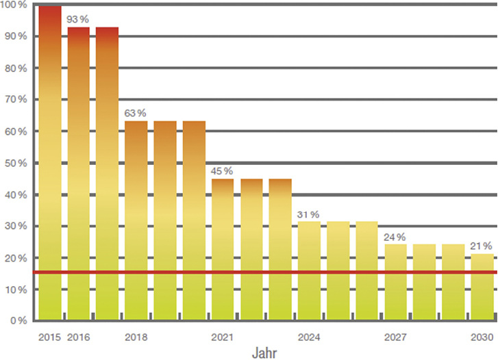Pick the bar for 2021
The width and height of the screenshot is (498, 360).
223,249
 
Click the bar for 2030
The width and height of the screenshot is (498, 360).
482,287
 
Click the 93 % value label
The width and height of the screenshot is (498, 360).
78,19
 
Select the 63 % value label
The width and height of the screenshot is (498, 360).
136,113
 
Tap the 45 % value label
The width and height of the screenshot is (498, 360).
223,170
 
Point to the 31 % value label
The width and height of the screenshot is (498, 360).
309,214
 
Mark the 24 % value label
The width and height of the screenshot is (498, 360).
395,237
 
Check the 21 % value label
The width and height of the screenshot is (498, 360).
482,246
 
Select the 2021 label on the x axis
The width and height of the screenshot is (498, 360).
223,337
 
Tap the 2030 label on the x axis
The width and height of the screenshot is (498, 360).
482,337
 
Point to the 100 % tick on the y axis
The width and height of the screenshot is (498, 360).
14,5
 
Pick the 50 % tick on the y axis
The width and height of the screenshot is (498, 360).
16,163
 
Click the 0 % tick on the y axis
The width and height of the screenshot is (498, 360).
18,320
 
